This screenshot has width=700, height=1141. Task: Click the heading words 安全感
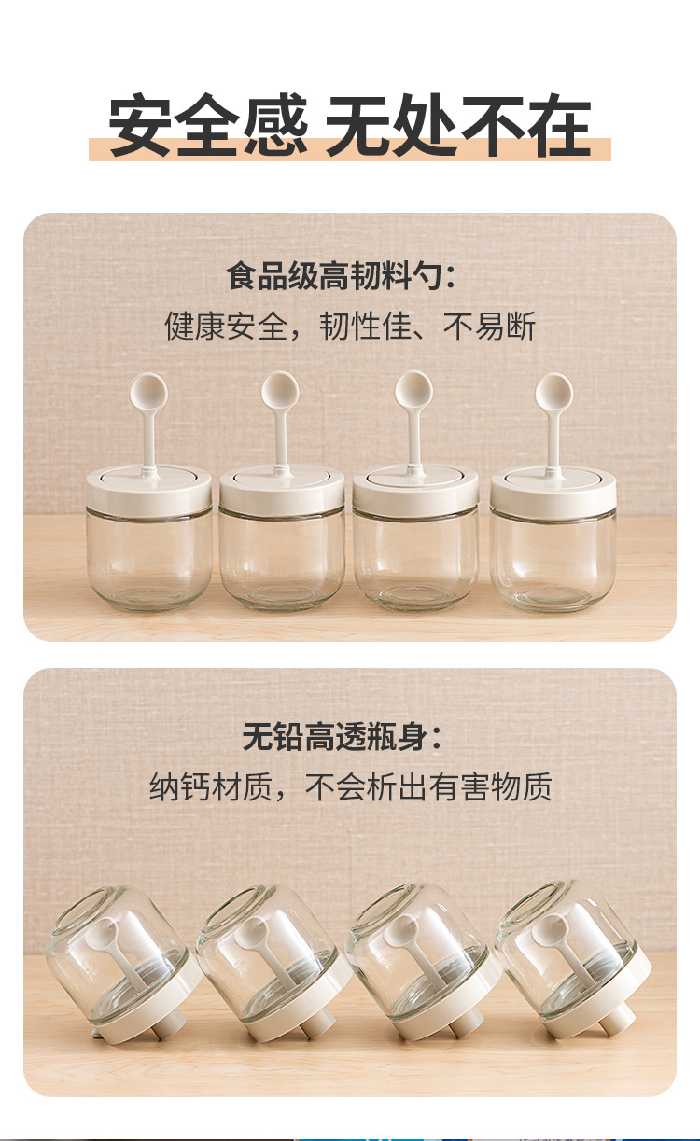tap(207, 127)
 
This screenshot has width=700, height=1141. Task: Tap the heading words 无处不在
tap(458, 127)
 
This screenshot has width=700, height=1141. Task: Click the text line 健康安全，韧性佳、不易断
tap(350, 327)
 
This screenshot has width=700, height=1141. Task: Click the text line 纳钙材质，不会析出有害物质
tap(350, 786)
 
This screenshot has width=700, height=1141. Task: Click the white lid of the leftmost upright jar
tap(148, 489)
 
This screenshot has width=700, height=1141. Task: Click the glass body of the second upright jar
tap(282, 560)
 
